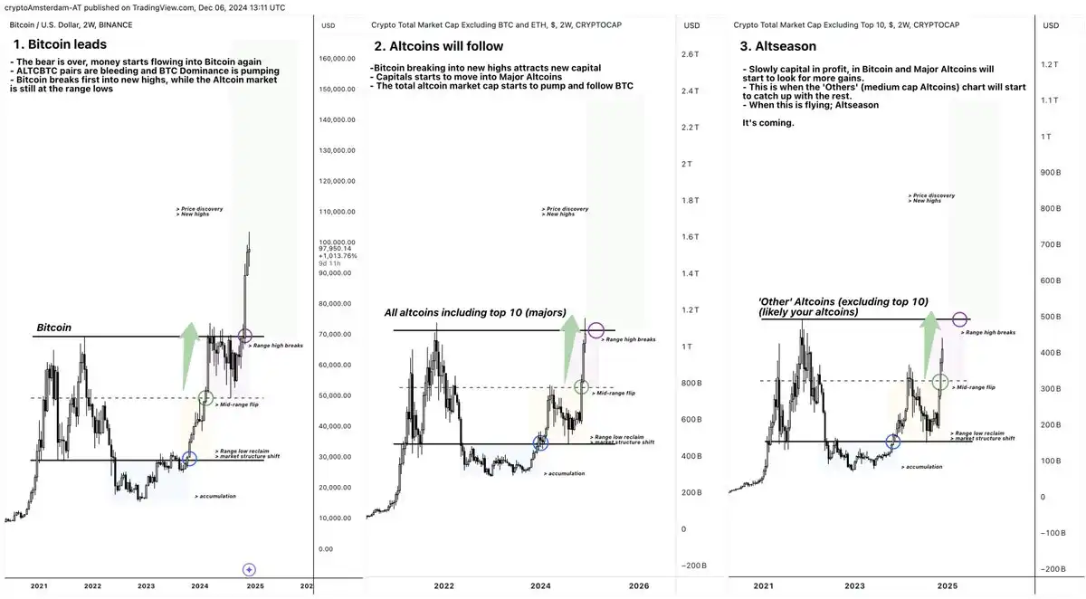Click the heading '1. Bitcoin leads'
point(60,43)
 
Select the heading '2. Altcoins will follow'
point(439,46)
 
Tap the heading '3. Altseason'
point(779,45)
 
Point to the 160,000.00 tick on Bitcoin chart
point(339,59)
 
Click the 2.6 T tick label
point(691,55)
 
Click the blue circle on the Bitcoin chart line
point(189,459)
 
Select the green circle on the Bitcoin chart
point(205,397)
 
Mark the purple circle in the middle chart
point(595,330)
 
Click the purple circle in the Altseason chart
point(959,319)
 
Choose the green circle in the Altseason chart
point(941,382)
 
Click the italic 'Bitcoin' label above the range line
point(55,328)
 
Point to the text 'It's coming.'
point(767,123)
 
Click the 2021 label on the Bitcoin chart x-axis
point(39,586)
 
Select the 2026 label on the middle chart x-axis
point(638,586)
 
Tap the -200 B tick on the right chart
point(1052,569)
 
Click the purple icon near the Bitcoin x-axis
point(250,569)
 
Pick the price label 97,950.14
point(334,249)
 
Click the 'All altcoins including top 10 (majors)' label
point(475,313)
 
